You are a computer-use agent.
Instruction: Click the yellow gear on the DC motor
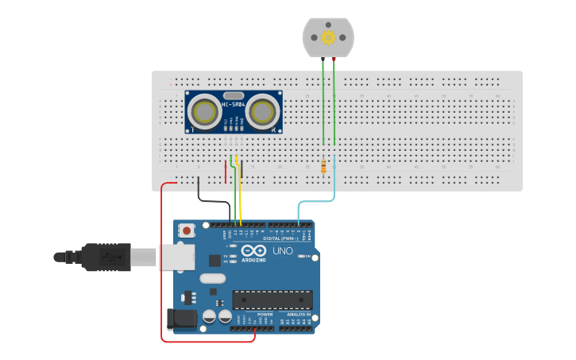(328, 37)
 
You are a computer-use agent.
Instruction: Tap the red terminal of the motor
(334, 59)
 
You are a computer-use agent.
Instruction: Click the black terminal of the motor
(323, 59)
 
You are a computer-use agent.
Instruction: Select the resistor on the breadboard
(323, 166)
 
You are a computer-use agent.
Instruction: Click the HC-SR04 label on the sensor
(234, 104)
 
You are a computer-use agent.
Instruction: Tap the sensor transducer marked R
(261, 112)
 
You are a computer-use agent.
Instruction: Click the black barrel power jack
(181, 319)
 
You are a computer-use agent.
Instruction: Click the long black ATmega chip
(272, 300)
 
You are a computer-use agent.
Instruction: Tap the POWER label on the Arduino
(265, 314)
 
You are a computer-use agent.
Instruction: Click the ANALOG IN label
(298, 314)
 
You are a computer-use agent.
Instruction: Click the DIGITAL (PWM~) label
(282, 238)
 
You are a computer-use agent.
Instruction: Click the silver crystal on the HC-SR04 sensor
(234, 95)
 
